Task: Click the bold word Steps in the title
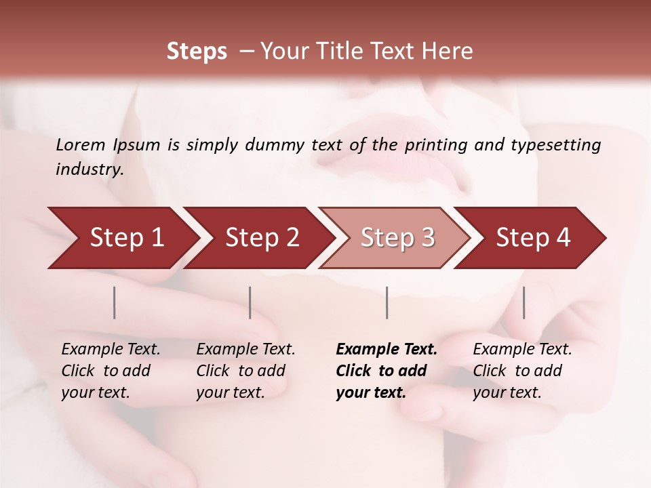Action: (197, 52)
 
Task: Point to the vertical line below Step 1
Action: (115, 302)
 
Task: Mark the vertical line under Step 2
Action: (250, 302)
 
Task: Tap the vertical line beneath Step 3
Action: (387, 302)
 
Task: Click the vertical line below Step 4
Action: (524, 302)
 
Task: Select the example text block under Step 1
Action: (111, 371)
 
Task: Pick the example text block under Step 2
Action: (245, 371)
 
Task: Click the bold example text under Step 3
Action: (386, 371)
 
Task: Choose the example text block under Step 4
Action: (522, 371)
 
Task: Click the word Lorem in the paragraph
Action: (81, 144)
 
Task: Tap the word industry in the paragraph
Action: (89, 169)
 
